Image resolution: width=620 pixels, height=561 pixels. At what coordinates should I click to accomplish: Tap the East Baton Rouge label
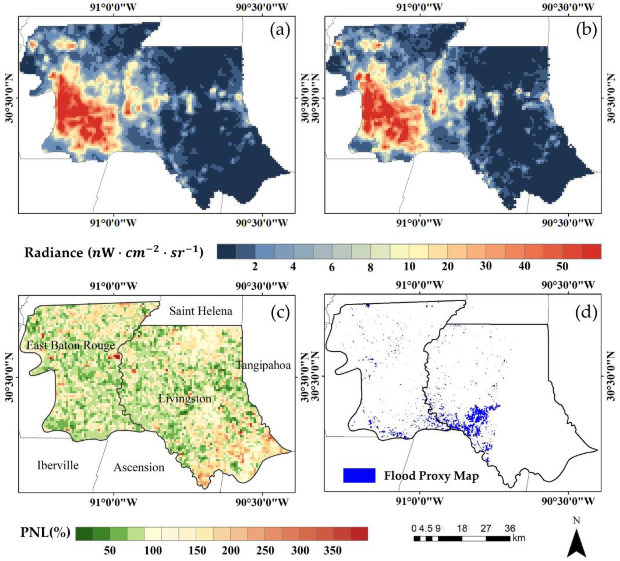71,345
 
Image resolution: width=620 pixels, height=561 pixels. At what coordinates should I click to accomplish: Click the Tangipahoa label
263,365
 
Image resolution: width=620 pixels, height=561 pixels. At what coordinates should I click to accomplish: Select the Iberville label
58,465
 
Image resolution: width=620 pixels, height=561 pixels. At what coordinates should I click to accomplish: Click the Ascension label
139,467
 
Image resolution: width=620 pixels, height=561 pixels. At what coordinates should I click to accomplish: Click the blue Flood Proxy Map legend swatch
359,475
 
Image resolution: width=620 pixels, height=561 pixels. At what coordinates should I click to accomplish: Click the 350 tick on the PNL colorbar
333,551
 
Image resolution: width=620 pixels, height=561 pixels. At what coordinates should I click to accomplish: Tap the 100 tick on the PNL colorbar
153,551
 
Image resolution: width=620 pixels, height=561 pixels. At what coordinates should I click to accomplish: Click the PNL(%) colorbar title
45,532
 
